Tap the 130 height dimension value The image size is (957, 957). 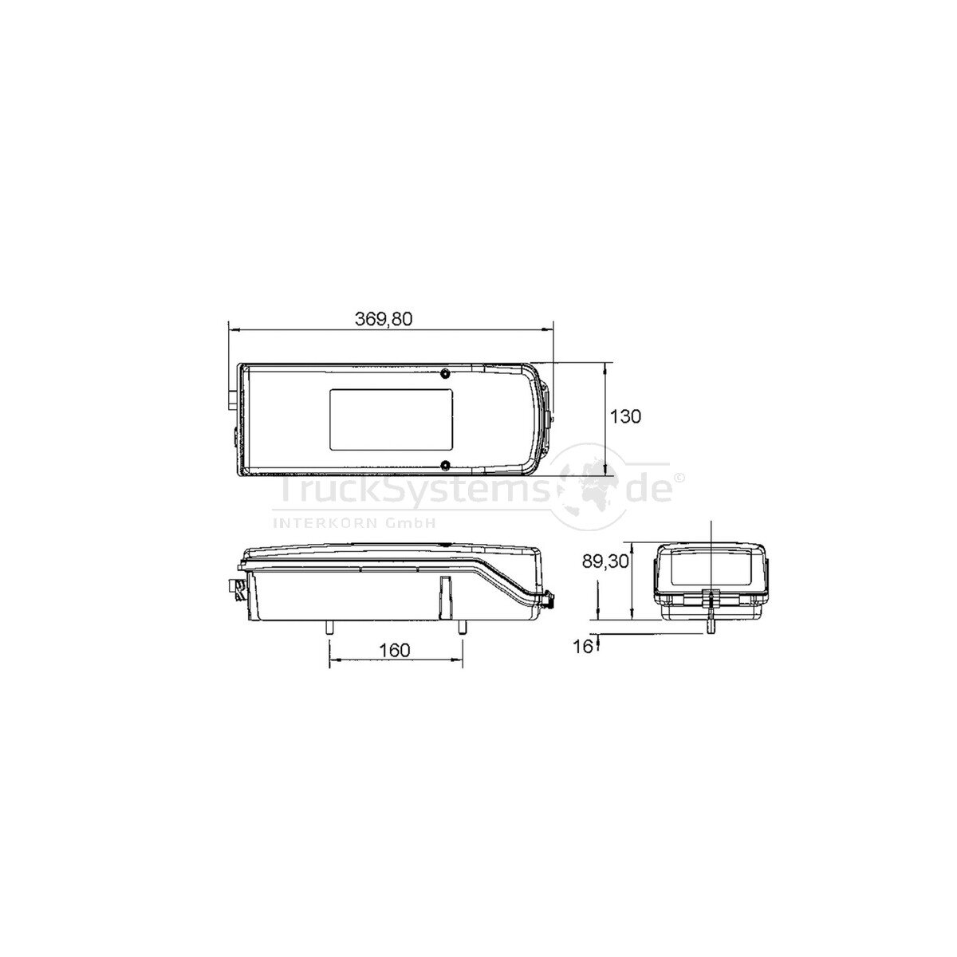[626, 416]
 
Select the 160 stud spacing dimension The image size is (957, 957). [394, 649]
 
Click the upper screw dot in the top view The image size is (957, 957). [445, 373]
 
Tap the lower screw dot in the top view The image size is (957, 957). [445, 464]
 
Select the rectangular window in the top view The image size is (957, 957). [392, 419]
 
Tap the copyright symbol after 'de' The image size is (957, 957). [679, 478]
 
